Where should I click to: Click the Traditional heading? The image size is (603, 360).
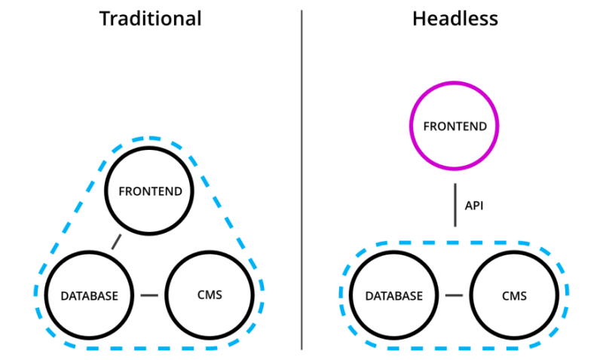coord(151,18)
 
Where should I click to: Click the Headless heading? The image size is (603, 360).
coord(455,18)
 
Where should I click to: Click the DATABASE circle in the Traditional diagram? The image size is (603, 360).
coord(90,294)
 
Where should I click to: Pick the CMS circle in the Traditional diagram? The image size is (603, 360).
coord(209,294)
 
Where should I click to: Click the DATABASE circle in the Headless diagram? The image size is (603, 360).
coord(393,294)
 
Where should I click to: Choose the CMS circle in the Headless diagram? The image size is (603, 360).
coord(514,294)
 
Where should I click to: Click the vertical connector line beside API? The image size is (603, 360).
coord(455,205)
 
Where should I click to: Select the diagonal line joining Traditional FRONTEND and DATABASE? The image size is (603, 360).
coord(116,241)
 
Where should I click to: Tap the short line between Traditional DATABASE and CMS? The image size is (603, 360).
coord(149,294)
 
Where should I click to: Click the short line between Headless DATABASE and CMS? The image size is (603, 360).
coord(454,294)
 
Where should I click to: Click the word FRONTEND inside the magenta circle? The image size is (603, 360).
coord(455,126)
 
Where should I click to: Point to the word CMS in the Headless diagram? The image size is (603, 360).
coord(514,295)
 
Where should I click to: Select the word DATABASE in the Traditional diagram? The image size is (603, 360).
coord(90,295)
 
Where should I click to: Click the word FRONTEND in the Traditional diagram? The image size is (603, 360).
coord(150,191)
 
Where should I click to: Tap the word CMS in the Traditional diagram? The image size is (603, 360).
coord(209,294)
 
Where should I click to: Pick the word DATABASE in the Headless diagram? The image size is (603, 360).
coord(393,295)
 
